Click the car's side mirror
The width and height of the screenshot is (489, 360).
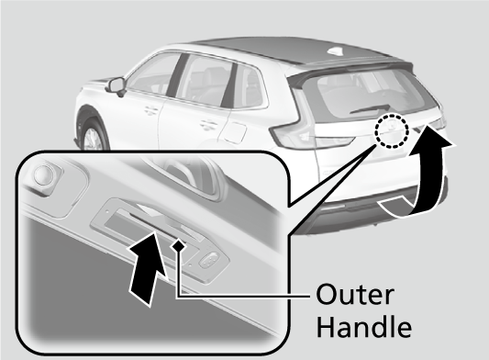tap(117, 85)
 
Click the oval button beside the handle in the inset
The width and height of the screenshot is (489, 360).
tap(207, 259)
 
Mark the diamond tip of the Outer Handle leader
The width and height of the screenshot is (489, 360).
tap(179, 245)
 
